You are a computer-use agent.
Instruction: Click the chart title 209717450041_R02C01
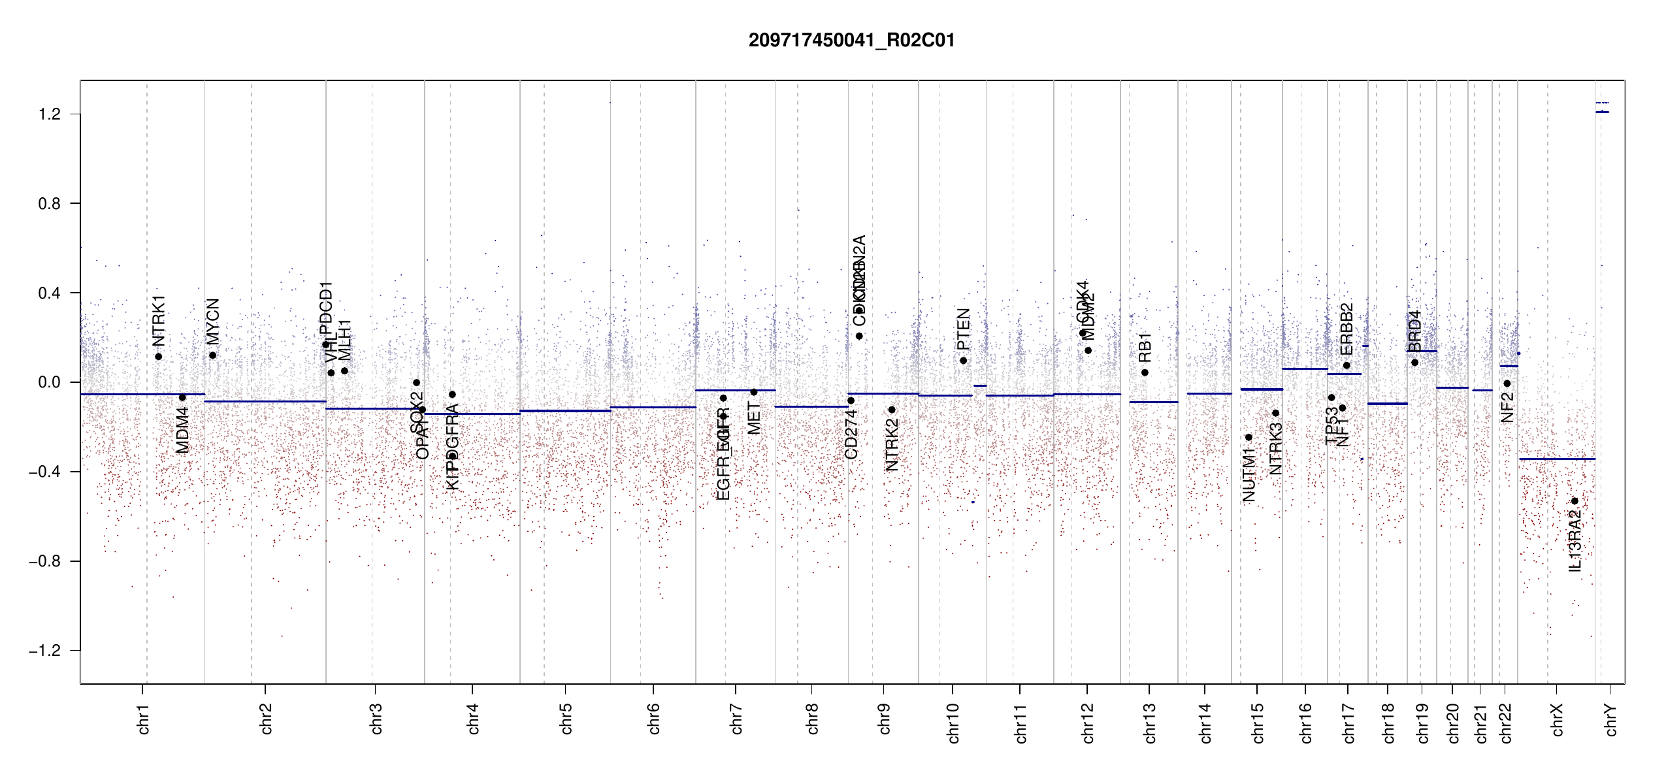(851, 41)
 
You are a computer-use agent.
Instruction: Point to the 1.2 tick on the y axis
(50, 114)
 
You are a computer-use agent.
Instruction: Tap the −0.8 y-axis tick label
(45, 561)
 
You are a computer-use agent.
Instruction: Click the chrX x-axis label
(1558, 720)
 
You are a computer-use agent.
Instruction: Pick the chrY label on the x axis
(1611, 720)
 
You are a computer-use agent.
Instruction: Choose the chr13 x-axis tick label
(1150, 723)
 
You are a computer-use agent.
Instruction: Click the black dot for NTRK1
(158, 357)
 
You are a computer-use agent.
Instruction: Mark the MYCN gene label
(213, 321)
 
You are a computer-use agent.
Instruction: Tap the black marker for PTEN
(963, 361)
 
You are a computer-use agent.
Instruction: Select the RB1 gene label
(1145, 348)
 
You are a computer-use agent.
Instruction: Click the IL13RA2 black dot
(1575, 501)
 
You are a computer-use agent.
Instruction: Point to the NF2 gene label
(1507, 408)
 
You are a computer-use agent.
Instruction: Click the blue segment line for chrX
(1557, 459)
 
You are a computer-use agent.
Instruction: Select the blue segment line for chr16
(1305, 368)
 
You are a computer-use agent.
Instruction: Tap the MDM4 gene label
(182, 430)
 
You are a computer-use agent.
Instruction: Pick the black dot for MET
(753, 392)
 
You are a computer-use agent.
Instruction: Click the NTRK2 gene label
(892, 444)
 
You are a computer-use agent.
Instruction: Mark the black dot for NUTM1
(1249, 437)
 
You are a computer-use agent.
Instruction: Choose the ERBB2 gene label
(1347, 329)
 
